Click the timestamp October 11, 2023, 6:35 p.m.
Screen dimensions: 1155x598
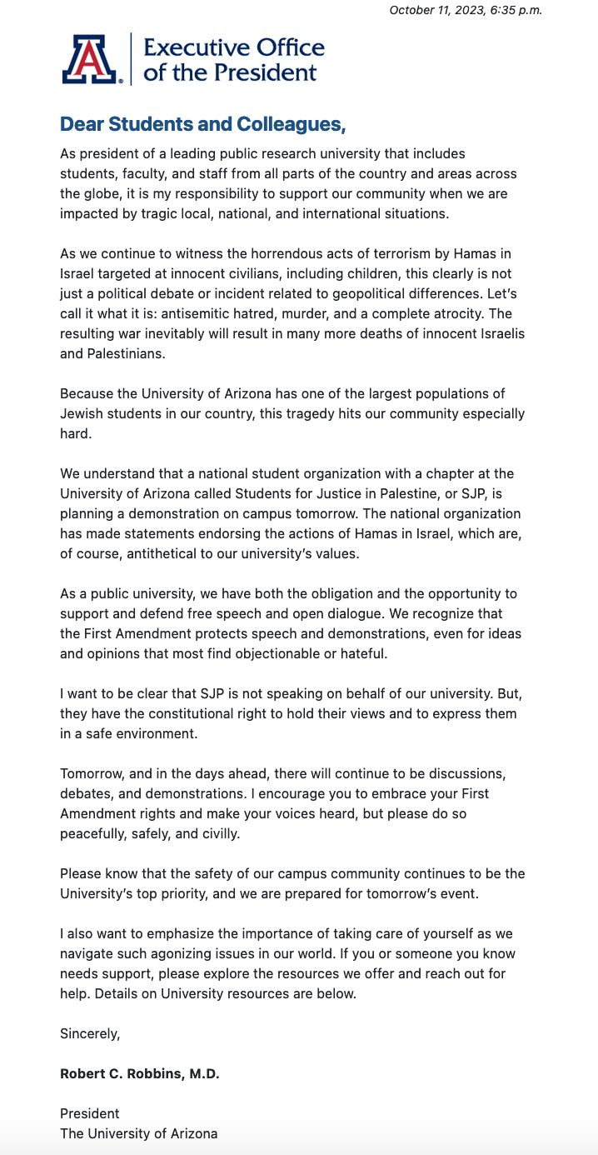[x=466, y=10]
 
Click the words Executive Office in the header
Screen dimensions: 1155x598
[x=234, y=47]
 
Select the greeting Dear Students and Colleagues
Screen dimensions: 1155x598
[x=202, y=124]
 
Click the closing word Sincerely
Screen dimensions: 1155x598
[x=90, y=1033]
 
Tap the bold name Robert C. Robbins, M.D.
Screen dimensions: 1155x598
[x=140, y=1073]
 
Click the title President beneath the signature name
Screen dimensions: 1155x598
[x=90, y=1113]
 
